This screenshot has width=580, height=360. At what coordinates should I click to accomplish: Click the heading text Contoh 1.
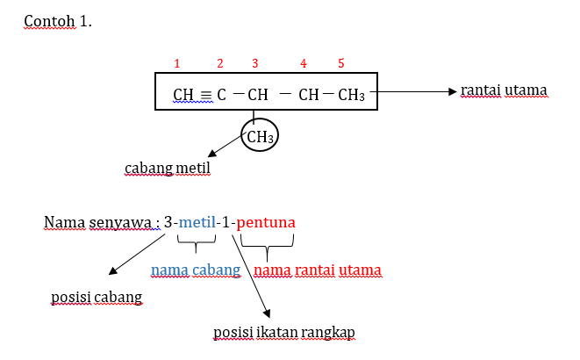(58, 21)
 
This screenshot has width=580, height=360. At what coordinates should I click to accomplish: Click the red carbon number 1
(177, 63)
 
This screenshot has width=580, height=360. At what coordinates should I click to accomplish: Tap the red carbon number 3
(255, 63)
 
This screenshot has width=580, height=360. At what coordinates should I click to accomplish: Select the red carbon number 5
(341, 63)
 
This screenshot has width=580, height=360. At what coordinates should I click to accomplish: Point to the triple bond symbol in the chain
(204, 94)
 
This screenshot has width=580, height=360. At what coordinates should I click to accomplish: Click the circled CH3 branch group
(261, 137)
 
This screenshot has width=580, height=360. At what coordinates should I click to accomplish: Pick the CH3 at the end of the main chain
(352, 94)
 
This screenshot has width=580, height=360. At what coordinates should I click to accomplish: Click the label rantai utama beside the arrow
(504, 90)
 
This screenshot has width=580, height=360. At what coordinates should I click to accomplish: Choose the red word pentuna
(266, 223)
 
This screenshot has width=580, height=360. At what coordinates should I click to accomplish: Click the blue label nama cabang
(196, 270)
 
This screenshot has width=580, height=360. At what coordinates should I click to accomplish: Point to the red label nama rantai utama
(318, 270)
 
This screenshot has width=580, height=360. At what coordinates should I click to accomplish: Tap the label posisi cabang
(97, 298)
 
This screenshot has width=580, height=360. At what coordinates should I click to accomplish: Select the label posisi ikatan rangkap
(284, 332)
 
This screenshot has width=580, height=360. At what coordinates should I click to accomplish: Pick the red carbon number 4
(304, 63)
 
